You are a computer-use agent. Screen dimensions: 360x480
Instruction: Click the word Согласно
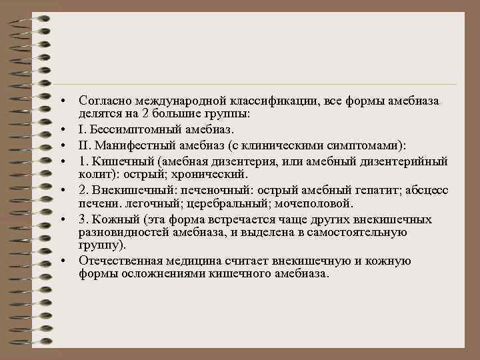(105, 101)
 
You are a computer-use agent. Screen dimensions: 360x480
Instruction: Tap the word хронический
(213, 174)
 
